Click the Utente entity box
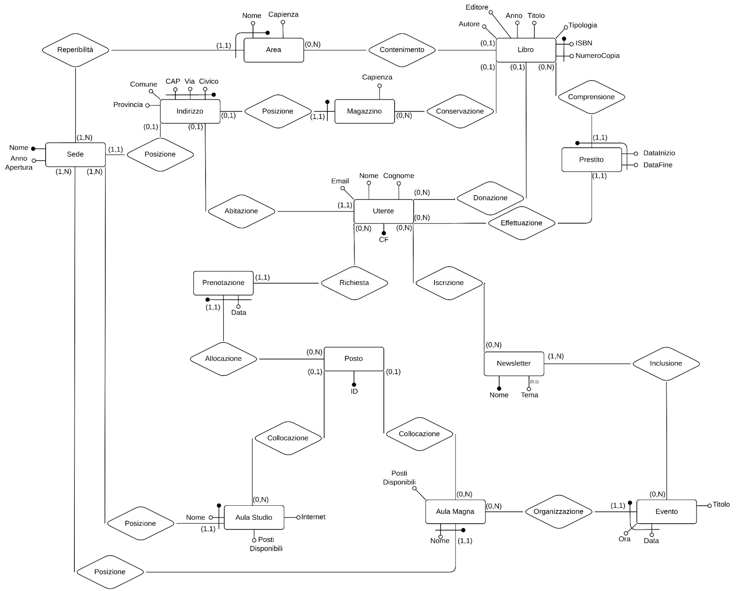pos(383,211)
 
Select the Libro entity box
pos(525,50)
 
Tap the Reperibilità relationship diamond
pos(75,50)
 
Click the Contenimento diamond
pos(402,50)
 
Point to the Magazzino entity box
pos(364,111)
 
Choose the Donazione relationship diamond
pos(490,198)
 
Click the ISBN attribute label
pos(584,43)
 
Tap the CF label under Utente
pos(384,240)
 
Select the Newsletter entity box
pos(514,363)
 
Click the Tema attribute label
pos(529,395)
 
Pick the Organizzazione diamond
pos(558,511)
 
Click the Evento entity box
pos(666,511)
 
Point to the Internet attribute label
pos(313,517)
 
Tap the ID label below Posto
pos(354,391)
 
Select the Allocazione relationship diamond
pos(223,359)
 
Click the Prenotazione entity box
pos(223,283)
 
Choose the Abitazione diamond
pos(241,211)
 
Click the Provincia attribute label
pos(128,105)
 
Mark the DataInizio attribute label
pos(659,153)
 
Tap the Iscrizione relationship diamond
pos(448,283)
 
